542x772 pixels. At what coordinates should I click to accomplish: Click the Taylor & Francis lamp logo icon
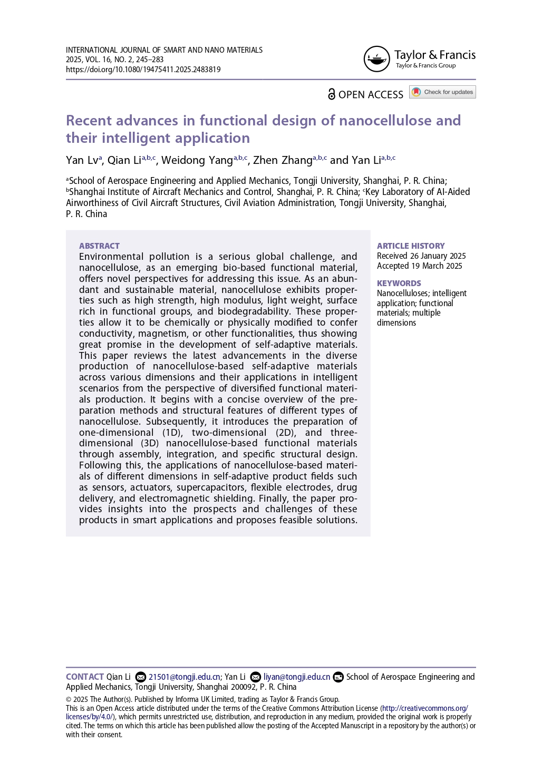[376, 59]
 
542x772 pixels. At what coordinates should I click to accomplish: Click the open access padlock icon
[331, 94]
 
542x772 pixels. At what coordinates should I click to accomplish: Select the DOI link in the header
[143, 70]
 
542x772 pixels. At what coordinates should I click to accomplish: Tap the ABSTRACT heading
[99, 246]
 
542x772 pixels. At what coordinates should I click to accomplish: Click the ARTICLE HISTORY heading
[410, 246]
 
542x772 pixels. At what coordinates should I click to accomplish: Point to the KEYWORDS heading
[399, 284]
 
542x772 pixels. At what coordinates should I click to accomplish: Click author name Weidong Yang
[197, 160]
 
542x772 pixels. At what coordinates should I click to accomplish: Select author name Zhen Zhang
[283, 160]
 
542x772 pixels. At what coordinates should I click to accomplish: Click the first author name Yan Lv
[82, 160]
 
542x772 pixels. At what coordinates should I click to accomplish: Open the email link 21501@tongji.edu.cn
[184, 677]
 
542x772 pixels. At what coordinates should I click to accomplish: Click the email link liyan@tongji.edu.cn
[296, 677]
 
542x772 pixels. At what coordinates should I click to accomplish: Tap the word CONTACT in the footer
[84, 677]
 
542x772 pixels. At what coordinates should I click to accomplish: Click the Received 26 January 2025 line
[421, 256]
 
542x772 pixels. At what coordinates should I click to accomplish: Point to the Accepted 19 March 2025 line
[419, 266]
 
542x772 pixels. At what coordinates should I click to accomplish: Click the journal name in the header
[164, 50]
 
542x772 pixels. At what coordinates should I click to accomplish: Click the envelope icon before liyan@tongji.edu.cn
[255, 677]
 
